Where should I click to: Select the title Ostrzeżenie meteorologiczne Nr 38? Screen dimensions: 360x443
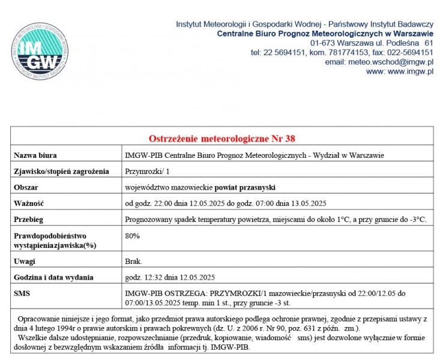(221, 139)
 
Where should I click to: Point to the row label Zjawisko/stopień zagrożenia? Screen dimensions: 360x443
(61, 172)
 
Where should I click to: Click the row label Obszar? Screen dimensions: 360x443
(26, 188)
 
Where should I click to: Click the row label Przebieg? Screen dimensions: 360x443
(29, 220)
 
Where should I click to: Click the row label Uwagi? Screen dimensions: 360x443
(25, 262)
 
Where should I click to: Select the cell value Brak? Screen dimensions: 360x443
(134, 262)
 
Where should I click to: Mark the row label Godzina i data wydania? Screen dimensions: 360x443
(53, 277)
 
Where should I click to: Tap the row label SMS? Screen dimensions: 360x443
(22, 293)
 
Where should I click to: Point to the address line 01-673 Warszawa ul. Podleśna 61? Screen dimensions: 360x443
(372, 43)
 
